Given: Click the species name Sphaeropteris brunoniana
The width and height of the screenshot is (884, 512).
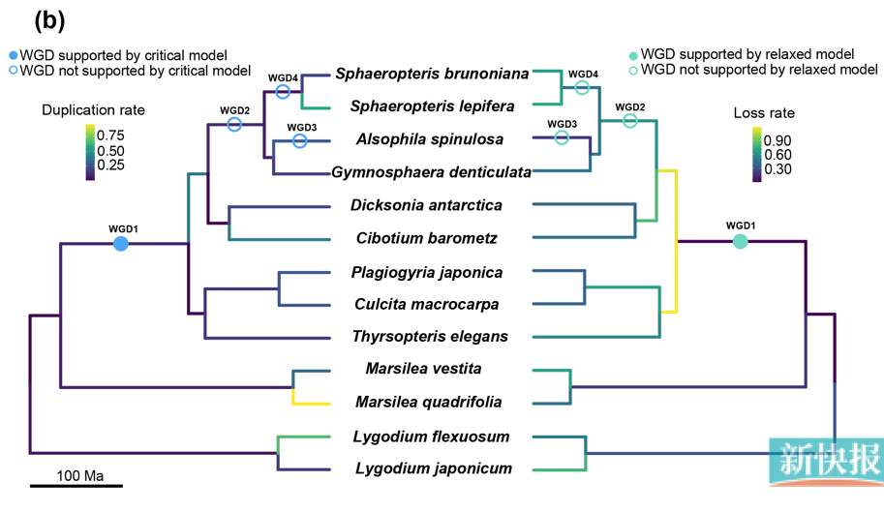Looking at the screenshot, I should tap(432, 74).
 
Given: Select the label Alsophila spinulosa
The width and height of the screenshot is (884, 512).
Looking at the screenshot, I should tap(430, 139).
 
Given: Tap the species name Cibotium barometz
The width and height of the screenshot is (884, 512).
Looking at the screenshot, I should tap(427, 238).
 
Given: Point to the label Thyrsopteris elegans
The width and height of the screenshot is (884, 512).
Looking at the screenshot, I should tap(429, 337).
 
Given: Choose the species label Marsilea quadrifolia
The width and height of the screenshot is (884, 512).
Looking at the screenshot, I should tap(428, 402).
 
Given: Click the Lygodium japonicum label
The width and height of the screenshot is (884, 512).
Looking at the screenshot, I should tap(433, 468).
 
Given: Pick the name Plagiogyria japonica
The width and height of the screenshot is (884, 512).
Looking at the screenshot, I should tap(427, 272).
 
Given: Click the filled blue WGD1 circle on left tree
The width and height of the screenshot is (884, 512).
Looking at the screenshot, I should tap(121, 244).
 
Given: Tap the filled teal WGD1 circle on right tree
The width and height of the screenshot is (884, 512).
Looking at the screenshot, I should tap(741, 241).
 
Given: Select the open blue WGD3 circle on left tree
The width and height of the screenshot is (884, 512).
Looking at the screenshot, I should tap(300, 141).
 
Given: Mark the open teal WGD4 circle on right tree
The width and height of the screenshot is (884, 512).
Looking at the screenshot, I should tap(582, 88).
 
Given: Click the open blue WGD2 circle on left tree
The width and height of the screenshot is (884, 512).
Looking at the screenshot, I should tap(234, 125).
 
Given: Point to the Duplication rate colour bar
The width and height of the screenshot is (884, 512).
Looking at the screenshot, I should tap(89, 152).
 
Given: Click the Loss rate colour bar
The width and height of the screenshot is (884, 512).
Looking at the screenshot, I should tap(757, 155).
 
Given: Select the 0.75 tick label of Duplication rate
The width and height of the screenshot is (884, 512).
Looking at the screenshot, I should tap(110, 136).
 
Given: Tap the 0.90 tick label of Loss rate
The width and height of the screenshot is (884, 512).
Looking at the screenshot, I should tap(777, 140).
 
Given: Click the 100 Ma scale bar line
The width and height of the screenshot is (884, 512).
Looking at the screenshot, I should tap(76, 486).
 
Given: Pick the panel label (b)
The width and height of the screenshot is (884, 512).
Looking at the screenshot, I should tap(49, 20).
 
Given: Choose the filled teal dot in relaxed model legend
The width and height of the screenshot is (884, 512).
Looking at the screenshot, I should tap(633, 55).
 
